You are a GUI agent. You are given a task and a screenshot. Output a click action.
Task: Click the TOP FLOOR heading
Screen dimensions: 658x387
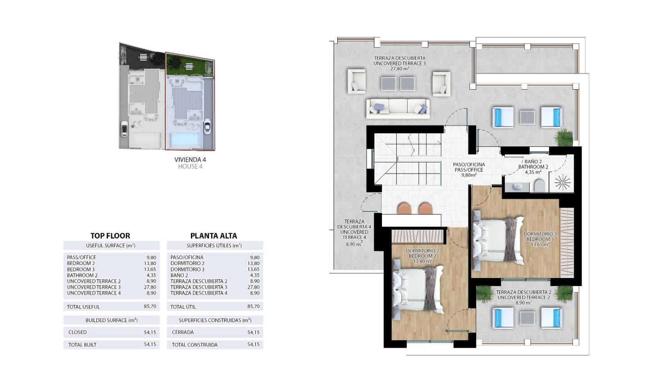(110, 236)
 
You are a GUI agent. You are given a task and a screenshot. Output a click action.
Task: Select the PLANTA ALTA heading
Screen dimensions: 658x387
(213, 236)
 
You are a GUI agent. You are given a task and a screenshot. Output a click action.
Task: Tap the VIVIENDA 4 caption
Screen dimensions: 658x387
(190, 160)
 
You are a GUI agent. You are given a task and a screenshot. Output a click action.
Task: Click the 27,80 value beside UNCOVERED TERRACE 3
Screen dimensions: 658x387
(150, 287)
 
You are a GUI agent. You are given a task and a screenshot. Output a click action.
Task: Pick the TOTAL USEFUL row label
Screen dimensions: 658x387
(83, 307)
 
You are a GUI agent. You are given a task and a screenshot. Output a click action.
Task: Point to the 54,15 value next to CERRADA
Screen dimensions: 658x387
(253, 332)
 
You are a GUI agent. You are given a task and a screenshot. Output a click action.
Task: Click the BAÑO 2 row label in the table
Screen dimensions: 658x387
(179, 275)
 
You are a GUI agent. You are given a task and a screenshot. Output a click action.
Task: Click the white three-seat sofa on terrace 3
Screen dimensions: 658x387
(398, 109)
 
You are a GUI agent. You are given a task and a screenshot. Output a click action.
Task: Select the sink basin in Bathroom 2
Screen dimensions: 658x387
(517, 187)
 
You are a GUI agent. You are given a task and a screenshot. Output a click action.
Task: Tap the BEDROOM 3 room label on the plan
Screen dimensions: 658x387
(540, 239)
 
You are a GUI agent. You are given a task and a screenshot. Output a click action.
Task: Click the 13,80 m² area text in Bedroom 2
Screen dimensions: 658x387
(422, 261)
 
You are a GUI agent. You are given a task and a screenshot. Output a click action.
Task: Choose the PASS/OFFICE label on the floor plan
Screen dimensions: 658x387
(469, 170)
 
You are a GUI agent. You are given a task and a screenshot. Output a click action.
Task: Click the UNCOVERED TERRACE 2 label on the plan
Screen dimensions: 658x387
(524, 297)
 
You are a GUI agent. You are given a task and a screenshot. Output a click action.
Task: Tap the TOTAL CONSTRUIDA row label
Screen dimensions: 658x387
(195, 345)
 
